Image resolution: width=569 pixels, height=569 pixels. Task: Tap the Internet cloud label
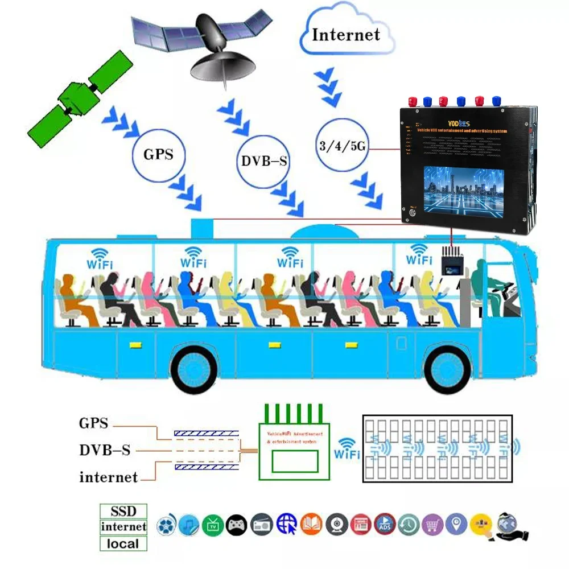click(x=346, y=34)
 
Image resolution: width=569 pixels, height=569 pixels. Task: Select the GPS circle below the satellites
click(x=158, y=154)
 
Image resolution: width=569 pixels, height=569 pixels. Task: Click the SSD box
click(x=123, y=510)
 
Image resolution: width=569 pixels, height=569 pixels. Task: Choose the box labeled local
click(x=123, y=543)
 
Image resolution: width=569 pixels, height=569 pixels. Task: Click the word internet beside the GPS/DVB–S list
click(x=108, y=477)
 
